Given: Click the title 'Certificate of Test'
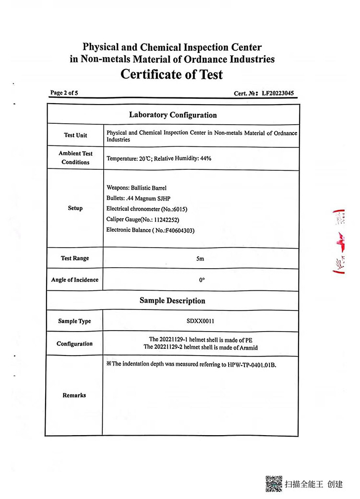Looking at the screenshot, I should (172, 75).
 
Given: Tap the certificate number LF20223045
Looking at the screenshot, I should (279, 94).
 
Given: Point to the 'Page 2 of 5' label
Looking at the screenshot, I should (64, 93).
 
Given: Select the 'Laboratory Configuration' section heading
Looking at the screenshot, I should (173, 115).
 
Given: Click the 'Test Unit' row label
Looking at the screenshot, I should (75, 135).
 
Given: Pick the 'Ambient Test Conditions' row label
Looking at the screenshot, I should (75, 158).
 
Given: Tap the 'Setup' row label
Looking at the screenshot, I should (75, 208).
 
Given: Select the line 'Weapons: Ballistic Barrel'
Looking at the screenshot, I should (136, 188).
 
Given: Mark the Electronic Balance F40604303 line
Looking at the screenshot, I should (150, 230).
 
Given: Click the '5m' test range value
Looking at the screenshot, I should (201, 259).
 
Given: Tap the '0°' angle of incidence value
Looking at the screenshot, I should (202, 280).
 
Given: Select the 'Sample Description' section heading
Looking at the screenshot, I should (172, 301).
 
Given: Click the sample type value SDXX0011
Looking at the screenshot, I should (201, 321).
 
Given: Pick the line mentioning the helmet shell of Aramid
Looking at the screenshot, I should (201, 347).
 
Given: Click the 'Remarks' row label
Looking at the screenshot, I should (74, 395).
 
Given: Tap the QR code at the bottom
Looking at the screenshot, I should (274, 484).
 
